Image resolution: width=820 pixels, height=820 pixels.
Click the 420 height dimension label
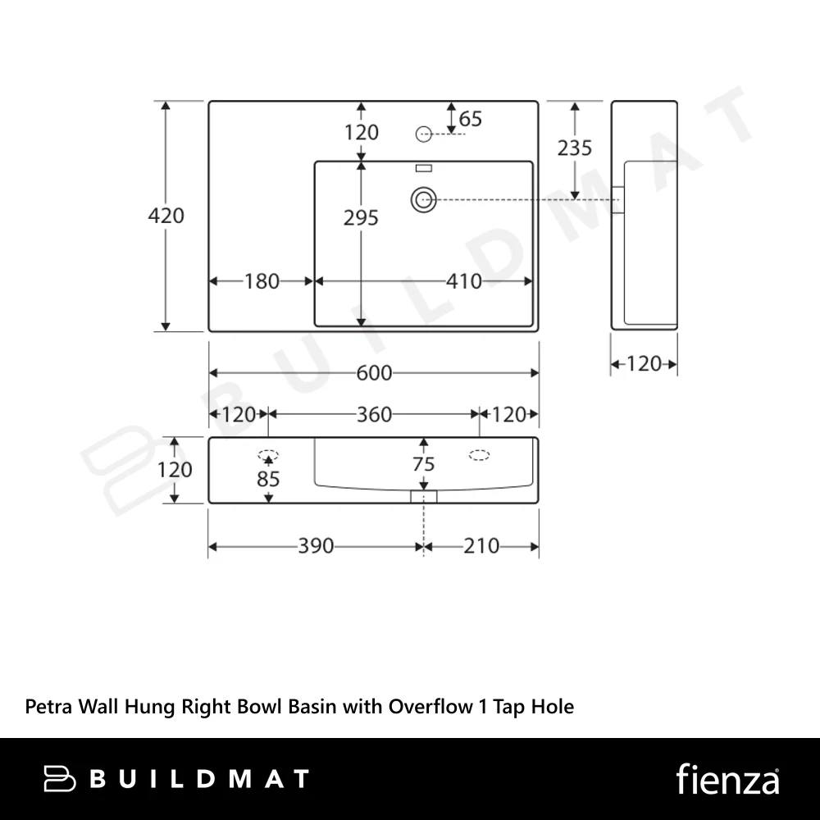coord(166,216)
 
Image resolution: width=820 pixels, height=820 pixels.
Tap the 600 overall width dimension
coord(374,373)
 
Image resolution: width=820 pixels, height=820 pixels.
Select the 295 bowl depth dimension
coord(361,217)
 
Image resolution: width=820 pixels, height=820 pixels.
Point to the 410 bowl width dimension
coord(464,281)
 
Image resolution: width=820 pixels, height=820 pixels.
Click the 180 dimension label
coord(262,281)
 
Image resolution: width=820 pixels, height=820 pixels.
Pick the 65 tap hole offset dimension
coord(470,119)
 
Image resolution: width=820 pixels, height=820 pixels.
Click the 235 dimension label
coord(574,148)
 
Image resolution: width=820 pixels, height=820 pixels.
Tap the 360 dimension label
coord(374,415)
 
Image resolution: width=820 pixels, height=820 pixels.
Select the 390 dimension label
coord(316,546)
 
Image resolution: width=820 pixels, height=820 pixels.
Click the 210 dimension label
coord(481,546)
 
